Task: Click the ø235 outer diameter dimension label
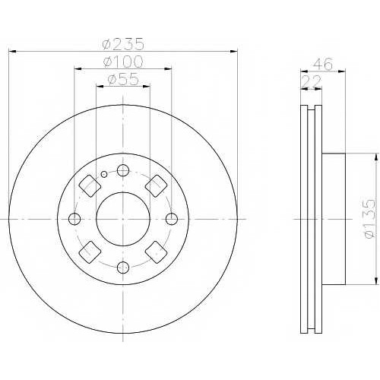(x=123, y=44)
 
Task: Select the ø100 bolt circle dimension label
(x=123, y=62)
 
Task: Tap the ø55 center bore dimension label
(x=123, y=79)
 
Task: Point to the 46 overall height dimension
(x=323, y=64)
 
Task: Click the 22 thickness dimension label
(x=312, y=81)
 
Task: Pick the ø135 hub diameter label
(x=369, y=219)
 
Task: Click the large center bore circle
(x=123, y=219)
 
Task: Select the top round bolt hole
(x=123, y=170)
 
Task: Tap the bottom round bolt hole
(x=123, y=268)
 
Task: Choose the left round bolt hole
(x=74, y=219)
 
